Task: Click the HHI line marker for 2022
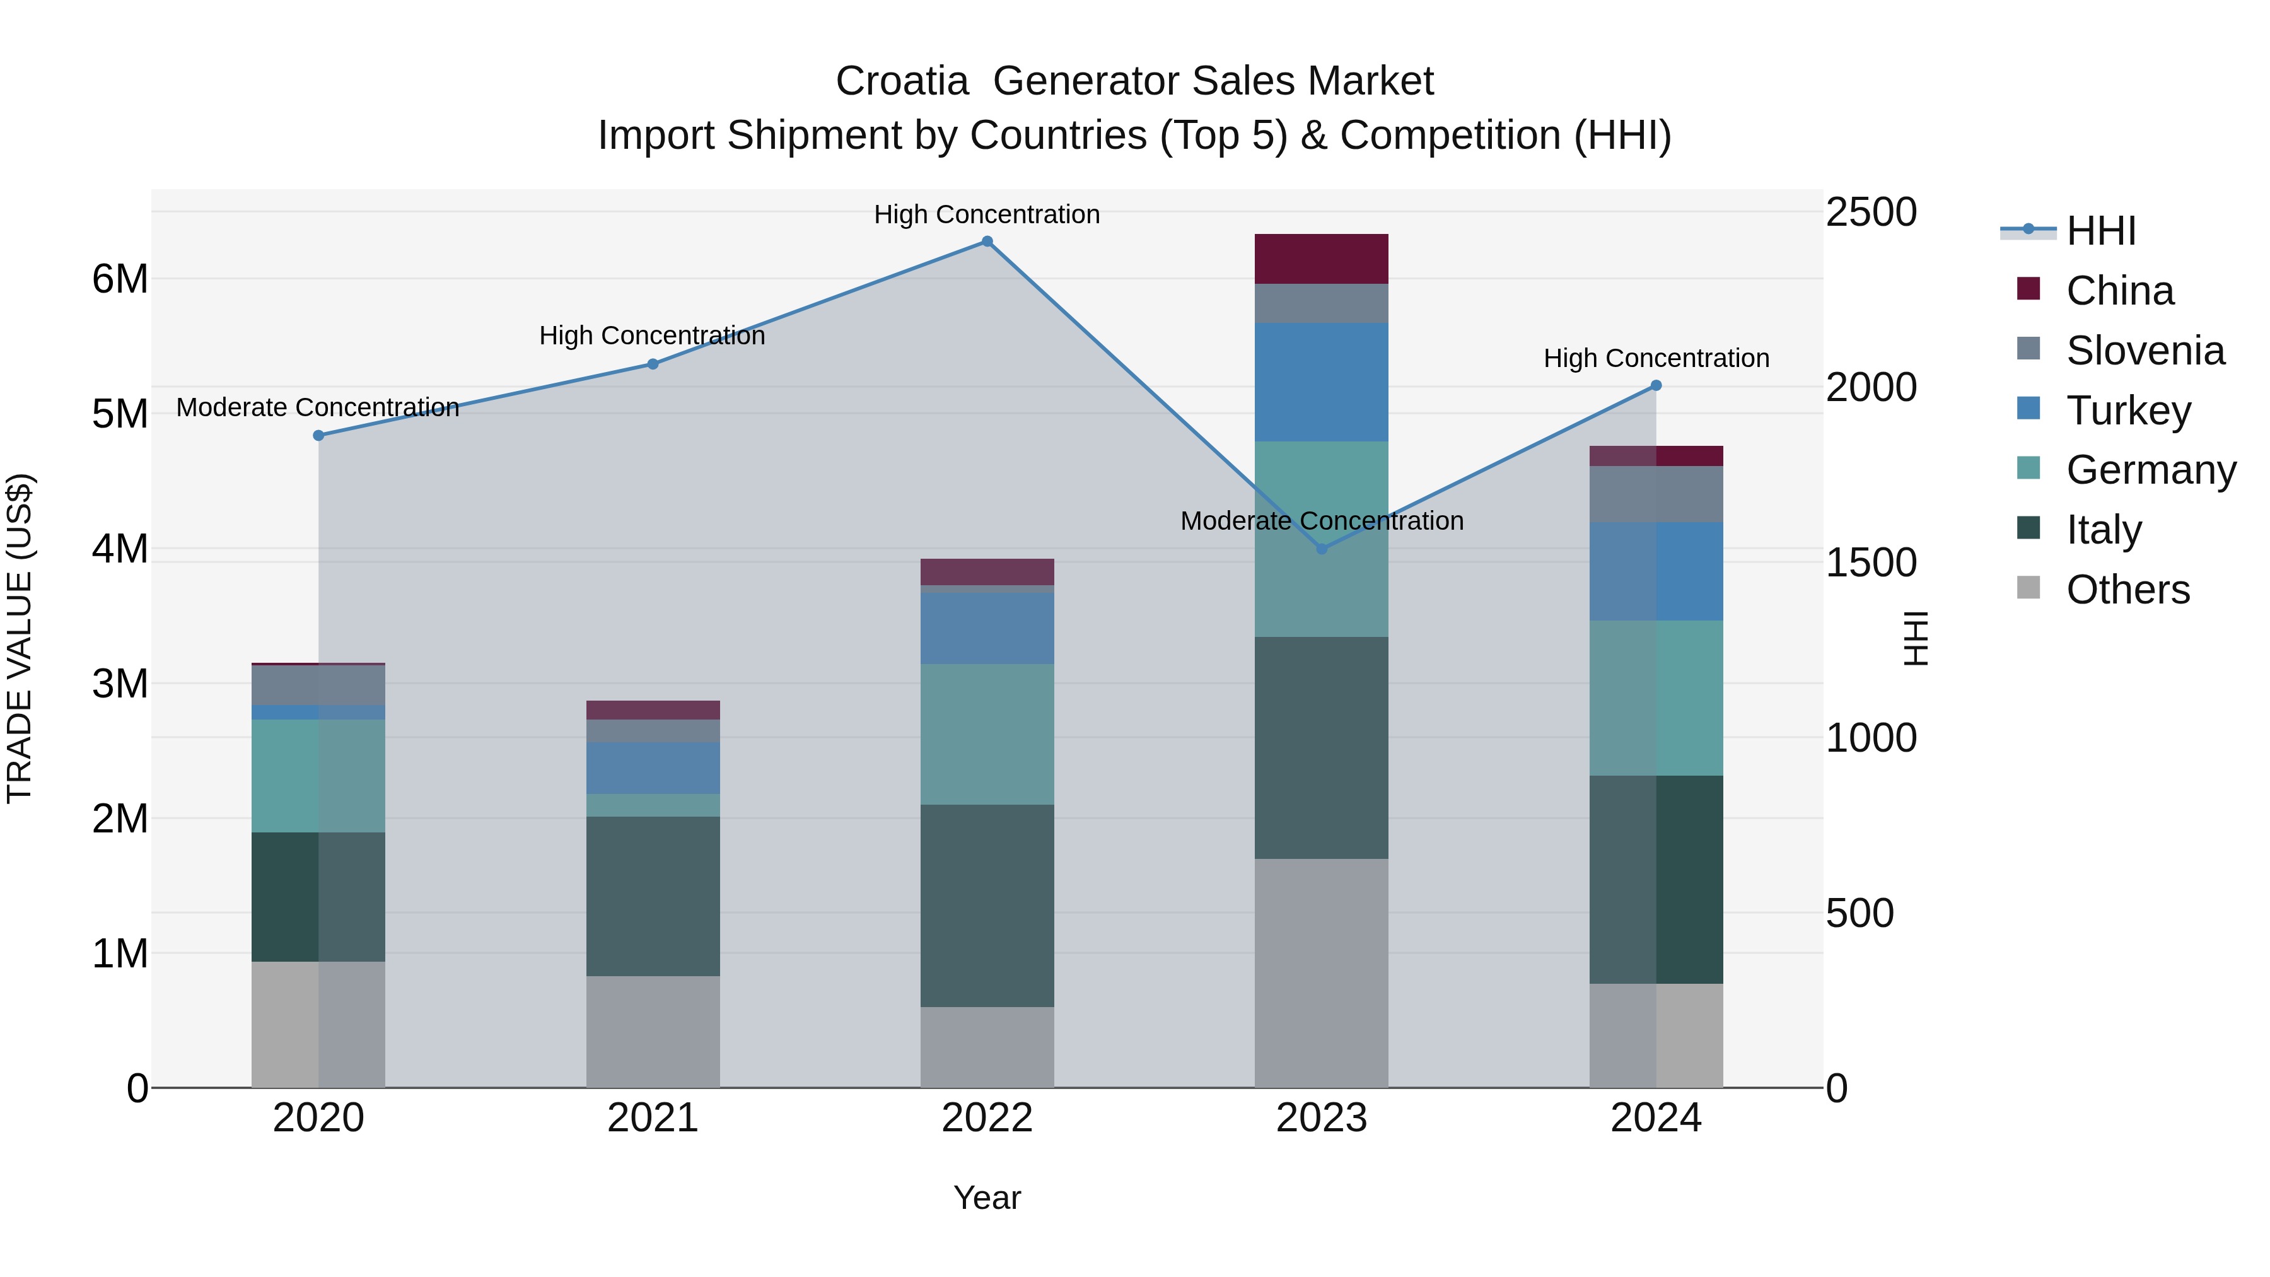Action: click(x=987, y=242)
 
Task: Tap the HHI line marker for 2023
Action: click(x=1321, y=549)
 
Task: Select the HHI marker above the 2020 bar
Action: click(x=319, y=435)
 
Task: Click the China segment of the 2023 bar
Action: click(x=1321, y=259)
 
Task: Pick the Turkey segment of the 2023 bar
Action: click(x=1321, y=383)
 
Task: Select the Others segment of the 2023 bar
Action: click(x=1321, y=973)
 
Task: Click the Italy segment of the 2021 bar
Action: click(x=653, y=895)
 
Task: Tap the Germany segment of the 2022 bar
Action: click(x=987, y=734)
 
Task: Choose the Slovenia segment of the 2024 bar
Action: click(x=1656, y=494)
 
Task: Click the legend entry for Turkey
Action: click(x=2128, y=411)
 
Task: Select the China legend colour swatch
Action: click(x=2028, y=289)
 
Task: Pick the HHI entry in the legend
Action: click(x=2101, y=231)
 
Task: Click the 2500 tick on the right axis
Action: click(x=1870, y=213)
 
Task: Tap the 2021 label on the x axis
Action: click(x=653, y=1118)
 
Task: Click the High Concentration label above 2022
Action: click(x=987, y=214)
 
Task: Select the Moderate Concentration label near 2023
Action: click(x=1321, y=521)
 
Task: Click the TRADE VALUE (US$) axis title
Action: click(x=20, y=638)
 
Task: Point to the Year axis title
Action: click(x=987, y=1198)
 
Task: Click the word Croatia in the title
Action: click(x=902, y=81)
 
